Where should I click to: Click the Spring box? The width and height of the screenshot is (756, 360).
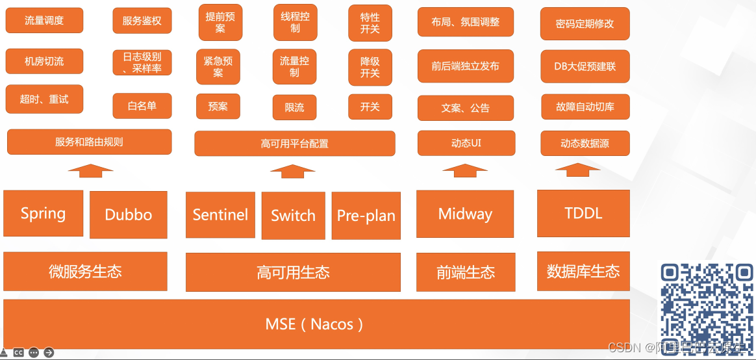point(43,213)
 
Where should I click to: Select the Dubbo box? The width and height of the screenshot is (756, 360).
point(129,214)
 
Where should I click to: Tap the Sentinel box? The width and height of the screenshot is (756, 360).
point(220,214)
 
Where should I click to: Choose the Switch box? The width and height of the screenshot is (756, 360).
point(293,215)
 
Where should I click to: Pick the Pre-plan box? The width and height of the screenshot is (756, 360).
point(366,215)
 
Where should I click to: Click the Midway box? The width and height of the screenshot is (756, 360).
point(465,213)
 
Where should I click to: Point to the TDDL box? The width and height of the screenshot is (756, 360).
point(583,212)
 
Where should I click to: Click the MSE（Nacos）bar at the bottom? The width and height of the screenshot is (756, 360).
point(316,324)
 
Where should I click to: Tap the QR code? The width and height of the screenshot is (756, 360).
point(707,308)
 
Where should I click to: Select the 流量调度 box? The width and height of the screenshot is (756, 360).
point(44,21)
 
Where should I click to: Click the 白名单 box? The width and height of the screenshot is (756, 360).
point(142,106)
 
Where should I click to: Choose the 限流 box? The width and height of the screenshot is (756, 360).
point(294,107)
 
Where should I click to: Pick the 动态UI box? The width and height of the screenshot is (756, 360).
point(466,143)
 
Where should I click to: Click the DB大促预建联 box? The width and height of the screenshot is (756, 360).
point(585,66)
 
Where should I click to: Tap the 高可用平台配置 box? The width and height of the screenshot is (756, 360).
point(294,144)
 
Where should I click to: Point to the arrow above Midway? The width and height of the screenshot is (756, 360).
point(465,170)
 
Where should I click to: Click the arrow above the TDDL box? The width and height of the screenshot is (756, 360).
point(577,170)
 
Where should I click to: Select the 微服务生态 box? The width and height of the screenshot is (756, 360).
point(85,271)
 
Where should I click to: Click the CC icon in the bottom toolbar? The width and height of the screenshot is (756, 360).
point(19,353)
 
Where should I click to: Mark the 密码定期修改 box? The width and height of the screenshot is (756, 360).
point(585,24)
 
